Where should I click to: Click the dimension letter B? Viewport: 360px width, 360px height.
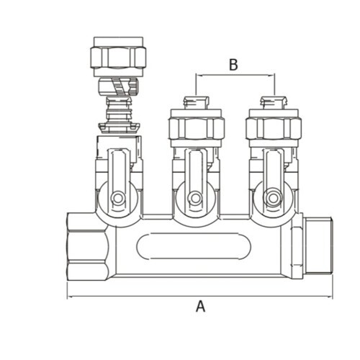click(x=233, y=65)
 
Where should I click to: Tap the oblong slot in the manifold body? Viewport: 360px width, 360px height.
click(x=194, y=246)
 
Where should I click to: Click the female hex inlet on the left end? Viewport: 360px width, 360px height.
click(x=88, y=247)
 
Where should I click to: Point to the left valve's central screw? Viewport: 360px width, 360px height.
click(x=117, y=199)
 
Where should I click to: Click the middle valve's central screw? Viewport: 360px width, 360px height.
click(x=195, y=199)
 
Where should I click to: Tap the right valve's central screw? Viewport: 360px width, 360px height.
click(x=272, y=199)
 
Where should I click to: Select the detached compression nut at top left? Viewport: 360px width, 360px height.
click(x=118, y=57)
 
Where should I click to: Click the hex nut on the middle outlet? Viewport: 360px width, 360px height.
click(x=197, y=128)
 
